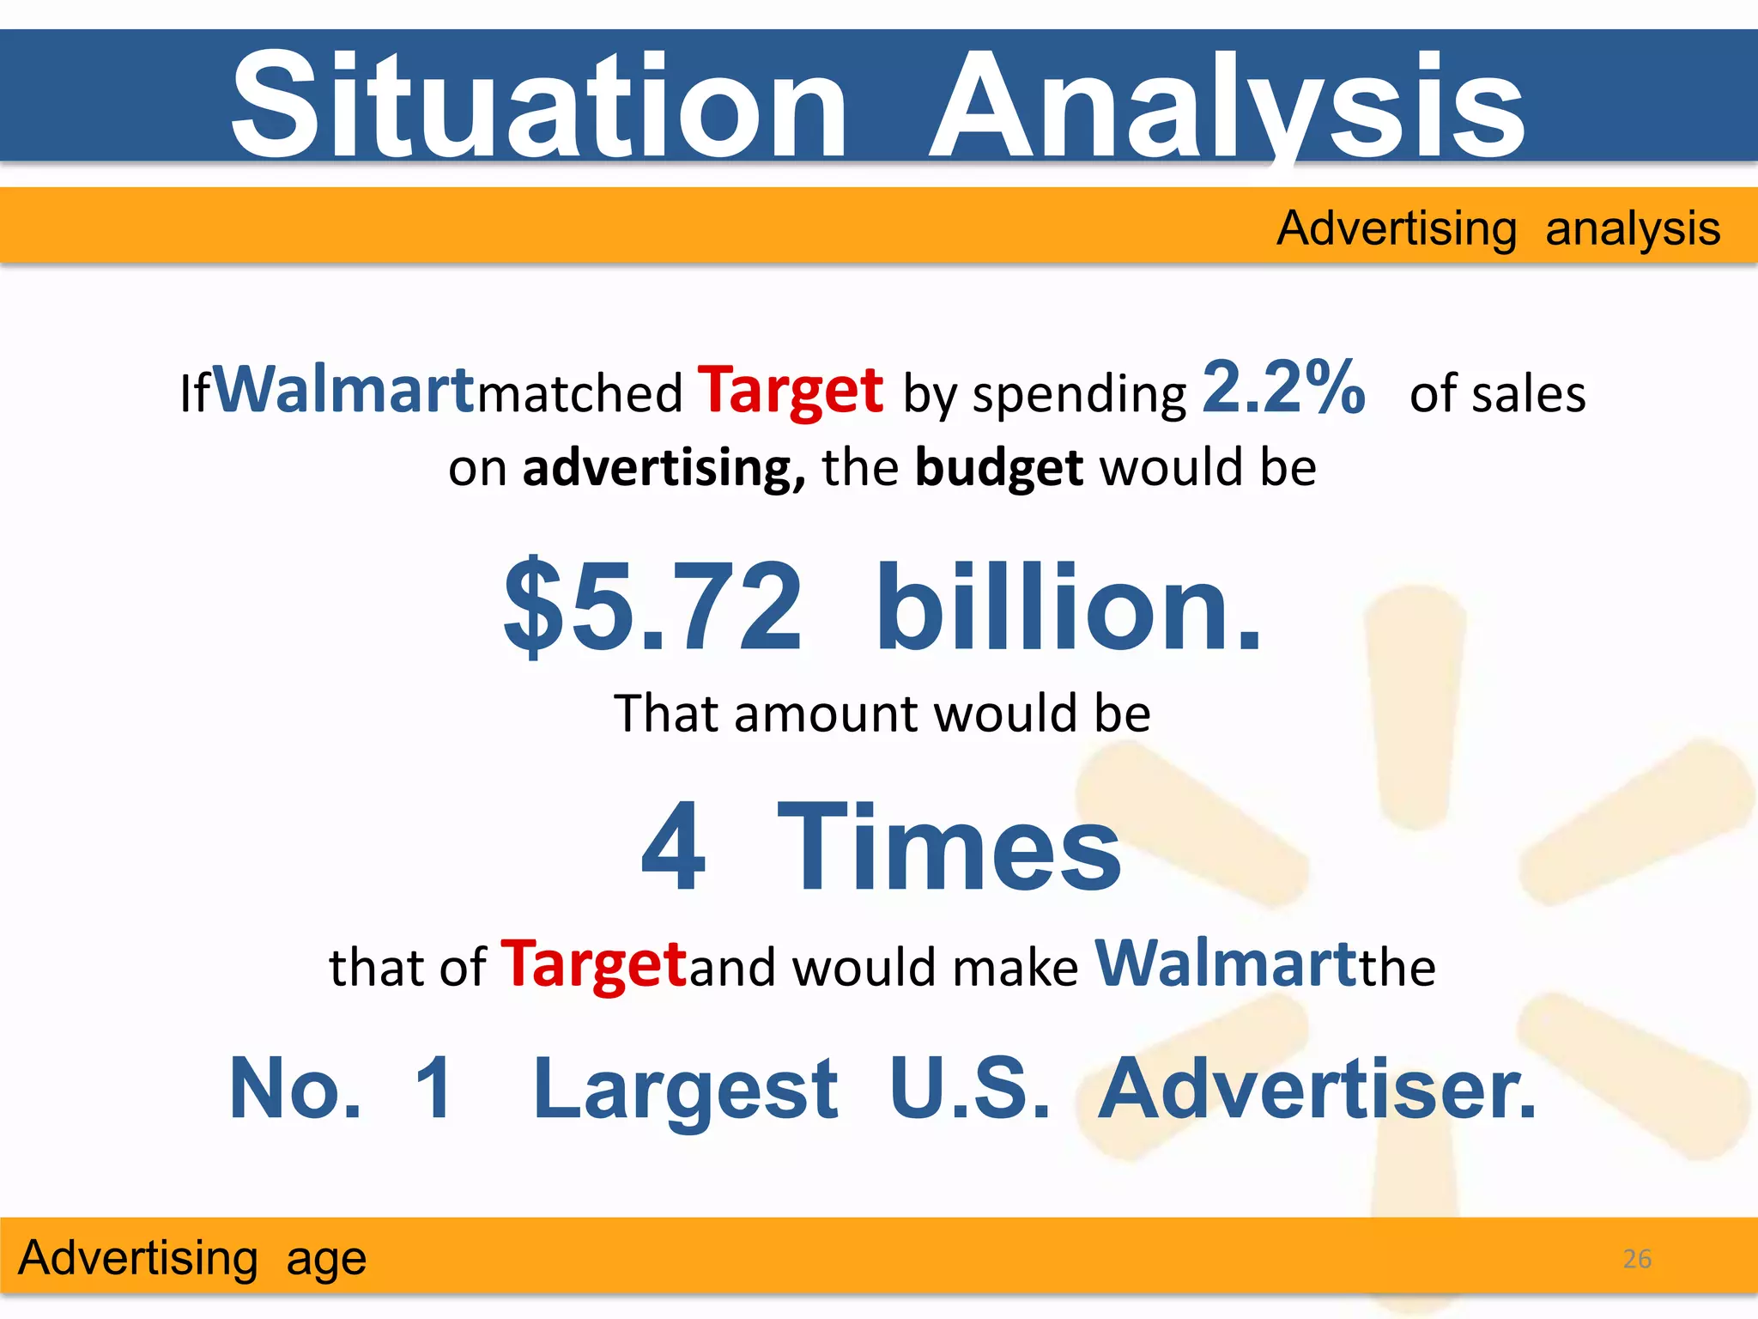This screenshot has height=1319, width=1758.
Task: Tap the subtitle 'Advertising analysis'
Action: [x=1498, y=229]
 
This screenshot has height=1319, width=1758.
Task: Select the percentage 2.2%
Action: [x=1283, y=387]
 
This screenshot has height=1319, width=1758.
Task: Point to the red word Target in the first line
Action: [x=790, y=392]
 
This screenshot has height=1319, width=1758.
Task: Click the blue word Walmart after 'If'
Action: [x=343, y=390]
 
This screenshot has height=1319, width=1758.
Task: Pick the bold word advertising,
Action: [x=664, y=469]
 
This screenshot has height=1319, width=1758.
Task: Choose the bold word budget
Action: [x=998, y=469]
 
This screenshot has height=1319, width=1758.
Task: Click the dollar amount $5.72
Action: [x=652, y=606]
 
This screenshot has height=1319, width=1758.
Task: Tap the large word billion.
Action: [x=1068, y=606]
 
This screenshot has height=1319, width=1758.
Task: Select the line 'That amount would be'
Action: [x=882, y=713]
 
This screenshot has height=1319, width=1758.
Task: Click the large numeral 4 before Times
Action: [x=674, y=846]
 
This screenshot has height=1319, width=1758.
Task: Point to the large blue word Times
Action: [x=949, y=846]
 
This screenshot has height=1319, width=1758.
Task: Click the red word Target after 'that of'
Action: [x=594, y=964]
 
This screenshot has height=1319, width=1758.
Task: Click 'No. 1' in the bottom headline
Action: [x=341, y=1088]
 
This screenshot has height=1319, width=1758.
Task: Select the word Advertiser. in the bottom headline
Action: [x=1317, y=1088]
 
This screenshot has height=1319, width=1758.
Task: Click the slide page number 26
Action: [x=1637, y=1259]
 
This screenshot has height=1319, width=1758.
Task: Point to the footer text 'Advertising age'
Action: [x=192, y=1259]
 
